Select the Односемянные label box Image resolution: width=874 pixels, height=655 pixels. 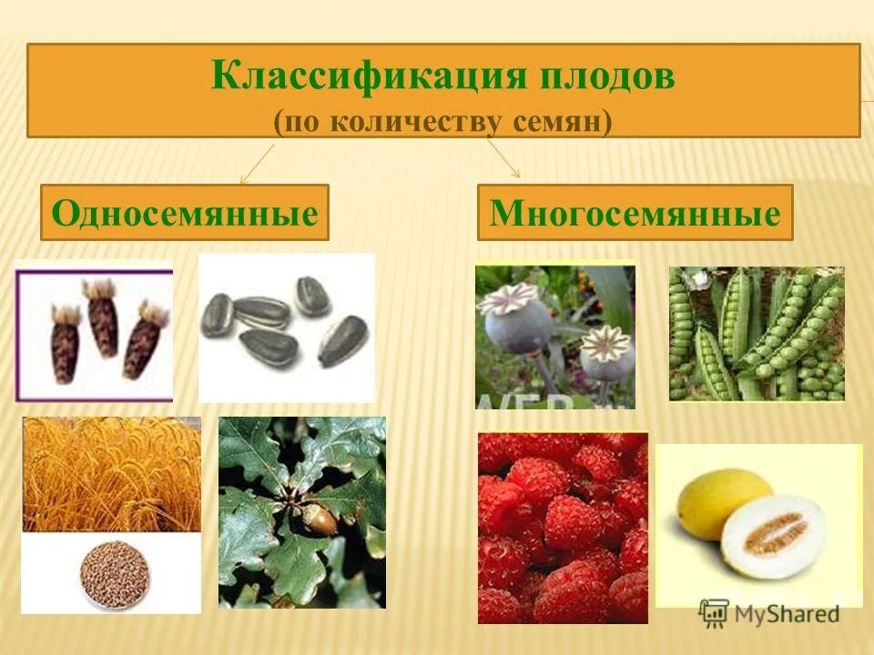184,213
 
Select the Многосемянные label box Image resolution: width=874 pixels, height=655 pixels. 635,213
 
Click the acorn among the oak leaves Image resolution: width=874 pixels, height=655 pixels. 320,519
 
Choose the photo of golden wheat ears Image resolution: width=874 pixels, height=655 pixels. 111,473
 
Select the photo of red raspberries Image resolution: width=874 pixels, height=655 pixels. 562,528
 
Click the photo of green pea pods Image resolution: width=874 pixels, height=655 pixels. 756,334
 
